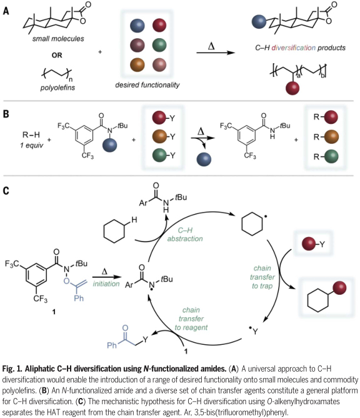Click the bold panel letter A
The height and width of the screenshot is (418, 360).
pos(6,9)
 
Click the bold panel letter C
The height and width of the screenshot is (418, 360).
pos(6,190)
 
